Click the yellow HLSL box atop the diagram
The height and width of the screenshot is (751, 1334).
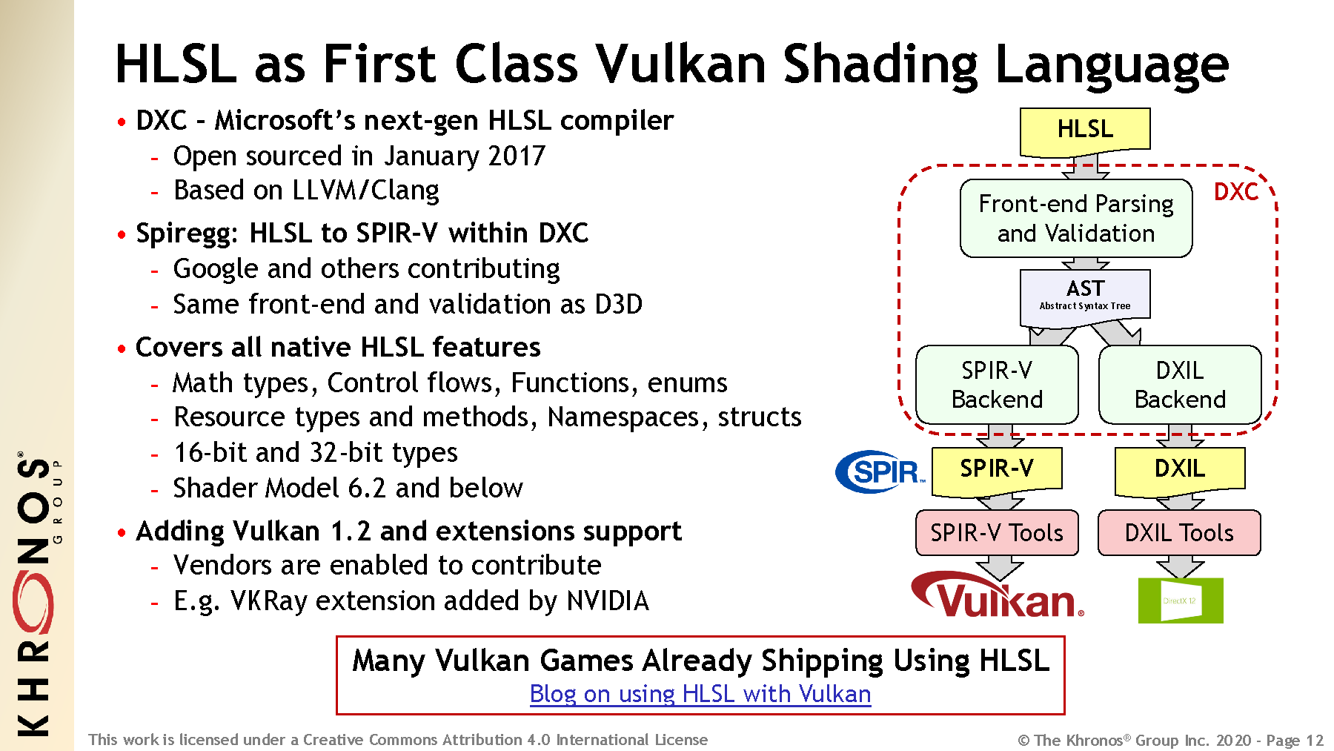click(x=1085, y=130)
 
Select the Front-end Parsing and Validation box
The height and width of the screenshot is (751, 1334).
click(x=1076, y=218)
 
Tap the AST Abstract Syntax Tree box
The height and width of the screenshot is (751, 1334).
click(x=1085, y=297)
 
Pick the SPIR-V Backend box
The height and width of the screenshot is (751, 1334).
click(x=997, y=385)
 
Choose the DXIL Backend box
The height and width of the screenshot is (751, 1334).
click(x=1180, y=385)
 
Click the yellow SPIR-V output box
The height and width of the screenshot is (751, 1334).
click(x=997, y=470)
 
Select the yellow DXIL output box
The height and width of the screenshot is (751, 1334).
click(x=1180, y=470)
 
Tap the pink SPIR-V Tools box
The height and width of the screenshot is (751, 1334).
click(x=997, y=532)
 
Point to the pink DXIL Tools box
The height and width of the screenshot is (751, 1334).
click(x=1179, y=532)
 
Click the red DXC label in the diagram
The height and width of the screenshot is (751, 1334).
click(x=1235, y=192)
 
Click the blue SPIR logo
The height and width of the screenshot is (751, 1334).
click(x=880, y=472)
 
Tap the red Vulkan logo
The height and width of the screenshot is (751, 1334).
click(x=998, y=595)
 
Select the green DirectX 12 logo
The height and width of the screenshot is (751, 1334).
click(x=1181, y=601)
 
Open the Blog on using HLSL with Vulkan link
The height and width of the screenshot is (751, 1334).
click(x=700, y=694)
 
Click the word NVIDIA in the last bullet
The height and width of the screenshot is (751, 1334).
click(x=608, y=601)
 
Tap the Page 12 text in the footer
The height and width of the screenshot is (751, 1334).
click(x=1295, y=740)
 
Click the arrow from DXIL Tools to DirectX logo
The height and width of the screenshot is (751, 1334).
click(x=1180, y=566)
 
